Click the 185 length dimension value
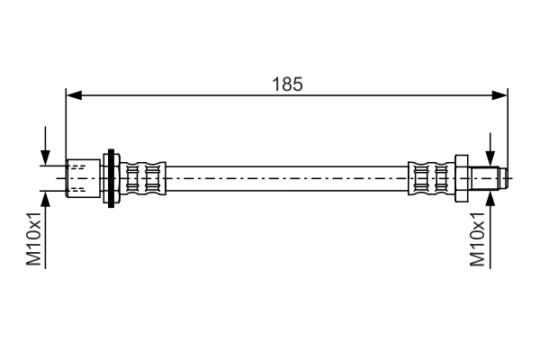point(288,84)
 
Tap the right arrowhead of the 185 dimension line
point(501,94)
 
